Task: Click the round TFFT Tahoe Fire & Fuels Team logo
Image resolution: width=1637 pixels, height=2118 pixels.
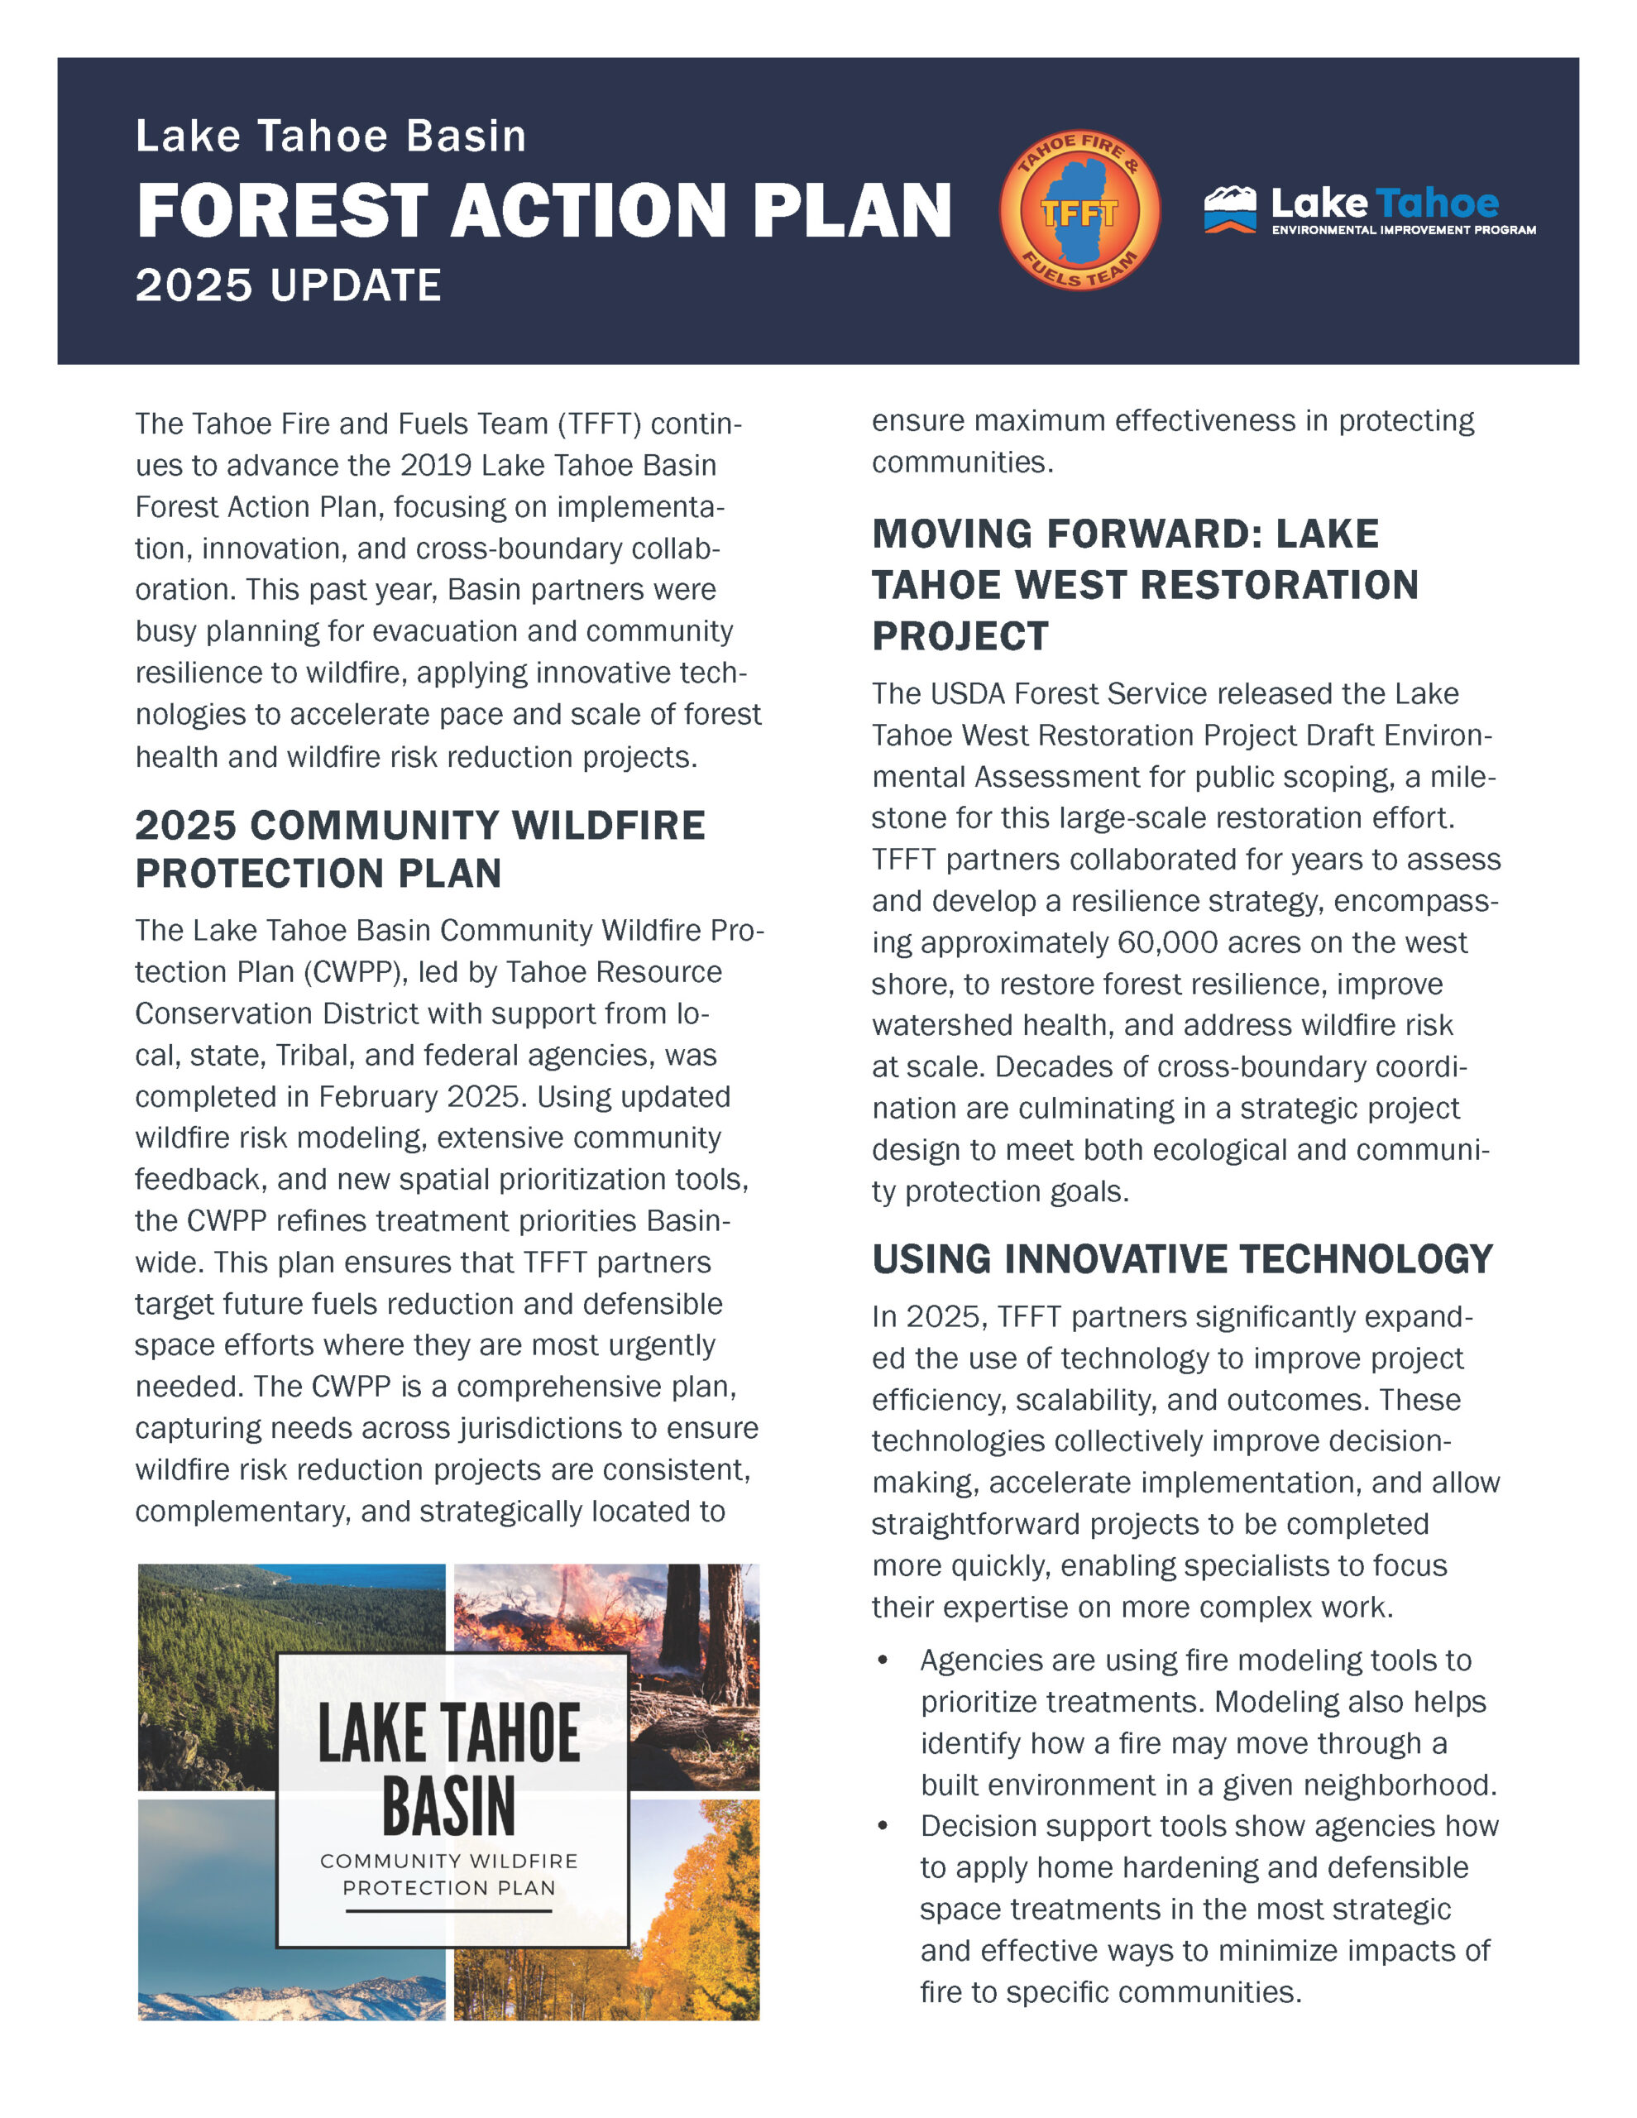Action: pyautogui.click(x=1079, y=210)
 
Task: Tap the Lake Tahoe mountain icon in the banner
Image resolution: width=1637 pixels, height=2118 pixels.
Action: pyautogui.click(x=1230, y=208)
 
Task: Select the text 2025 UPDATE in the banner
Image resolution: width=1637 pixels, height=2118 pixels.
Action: pyautogui.click(x=288, y=286)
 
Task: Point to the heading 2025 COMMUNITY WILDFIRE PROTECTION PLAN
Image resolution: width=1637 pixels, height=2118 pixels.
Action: pyautogui.click(x=420, y=849)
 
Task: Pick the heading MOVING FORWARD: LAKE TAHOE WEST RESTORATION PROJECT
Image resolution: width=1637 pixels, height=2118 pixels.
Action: pyautogui.click(x=1144, y=585)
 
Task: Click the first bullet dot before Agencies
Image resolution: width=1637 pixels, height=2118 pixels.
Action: pyautogui.click(x=883, y=1661)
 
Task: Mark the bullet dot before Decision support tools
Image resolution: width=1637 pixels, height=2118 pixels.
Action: pyautogui.click(x=883, y=1827)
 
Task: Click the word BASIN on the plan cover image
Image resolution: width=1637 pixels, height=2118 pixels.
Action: pyautogui.click(x=448, y=1806)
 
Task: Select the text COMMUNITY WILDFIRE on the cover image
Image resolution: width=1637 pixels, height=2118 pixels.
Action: pyautogui.click(x=449, y=1861)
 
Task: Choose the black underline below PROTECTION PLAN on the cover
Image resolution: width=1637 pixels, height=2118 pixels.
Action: pyautogui.click(x=449, y=1911)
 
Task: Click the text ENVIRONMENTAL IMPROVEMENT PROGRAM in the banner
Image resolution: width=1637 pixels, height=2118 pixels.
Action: pyautogui.click(x=1403, y=230)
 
